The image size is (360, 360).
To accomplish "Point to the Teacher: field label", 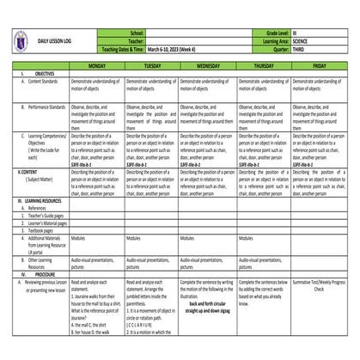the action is (x=133, y=40).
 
